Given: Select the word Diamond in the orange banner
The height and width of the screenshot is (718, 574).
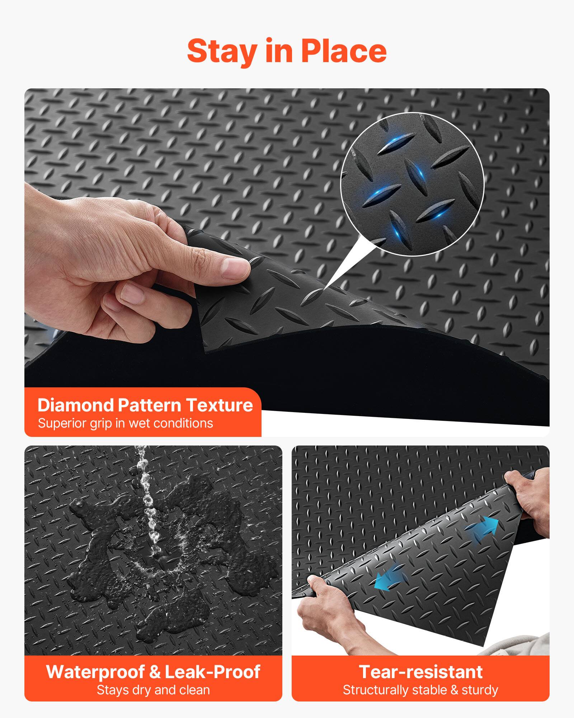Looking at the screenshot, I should click(x=75, y=405).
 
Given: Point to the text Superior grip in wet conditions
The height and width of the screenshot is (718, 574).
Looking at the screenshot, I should click(x=126, y=423).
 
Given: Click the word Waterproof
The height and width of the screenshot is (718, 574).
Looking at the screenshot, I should click(x=95, y=672).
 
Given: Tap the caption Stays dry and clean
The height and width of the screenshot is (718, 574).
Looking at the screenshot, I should click(x=153, y=690).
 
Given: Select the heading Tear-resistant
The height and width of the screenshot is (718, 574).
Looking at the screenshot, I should click(x=420, y=672).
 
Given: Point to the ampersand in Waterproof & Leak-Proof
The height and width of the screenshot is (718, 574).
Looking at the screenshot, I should click(x=155, y=672).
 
